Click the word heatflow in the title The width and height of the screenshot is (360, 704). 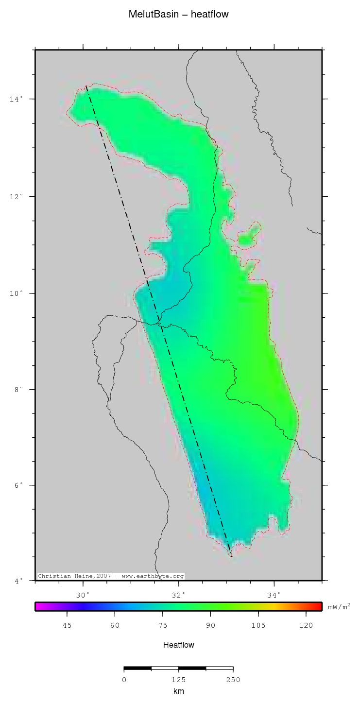(209, 15)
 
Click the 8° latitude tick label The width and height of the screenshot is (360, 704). (17, 390)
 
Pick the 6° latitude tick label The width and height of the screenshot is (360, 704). (17, 485)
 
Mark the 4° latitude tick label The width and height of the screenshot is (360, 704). (17, 581)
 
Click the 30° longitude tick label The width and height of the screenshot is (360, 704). (84, 595)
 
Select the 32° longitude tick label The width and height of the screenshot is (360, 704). (179, 595)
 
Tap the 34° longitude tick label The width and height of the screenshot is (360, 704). (274, 595)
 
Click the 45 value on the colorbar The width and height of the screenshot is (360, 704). (67, 625)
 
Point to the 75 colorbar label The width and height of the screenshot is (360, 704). (163, 625)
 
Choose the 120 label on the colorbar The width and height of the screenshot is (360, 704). (306, 625)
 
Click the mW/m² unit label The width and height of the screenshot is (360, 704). (339, 606)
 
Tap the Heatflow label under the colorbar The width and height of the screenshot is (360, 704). (179, 645)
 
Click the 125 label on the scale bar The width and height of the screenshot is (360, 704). (179, 679)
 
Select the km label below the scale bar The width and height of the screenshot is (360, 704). (179, 691)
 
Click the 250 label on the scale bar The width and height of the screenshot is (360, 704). (233, 679)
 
